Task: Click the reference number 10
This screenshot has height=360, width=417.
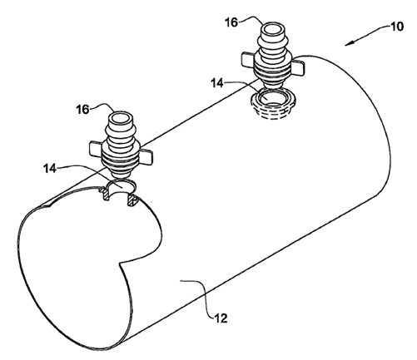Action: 397,27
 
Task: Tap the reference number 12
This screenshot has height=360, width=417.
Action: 221,318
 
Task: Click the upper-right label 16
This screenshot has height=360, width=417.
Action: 231,22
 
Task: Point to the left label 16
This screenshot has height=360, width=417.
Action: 82,110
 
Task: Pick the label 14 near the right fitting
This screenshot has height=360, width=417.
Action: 217,83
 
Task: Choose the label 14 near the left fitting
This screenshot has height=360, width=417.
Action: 50,168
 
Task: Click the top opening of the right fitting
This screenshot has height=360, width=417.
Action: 273,29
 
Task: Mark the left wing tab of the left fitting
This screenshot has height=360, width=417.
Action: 97,148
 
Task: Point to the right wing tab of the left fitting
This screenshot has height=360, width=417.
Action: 146,156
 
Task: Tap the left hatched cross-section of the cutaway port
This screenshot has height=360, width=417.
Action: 106,193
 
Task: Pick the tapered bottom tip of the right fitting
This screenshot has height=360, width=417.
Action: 273,86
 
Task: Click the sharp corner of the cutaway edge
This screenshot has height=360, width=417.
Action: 120,263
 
